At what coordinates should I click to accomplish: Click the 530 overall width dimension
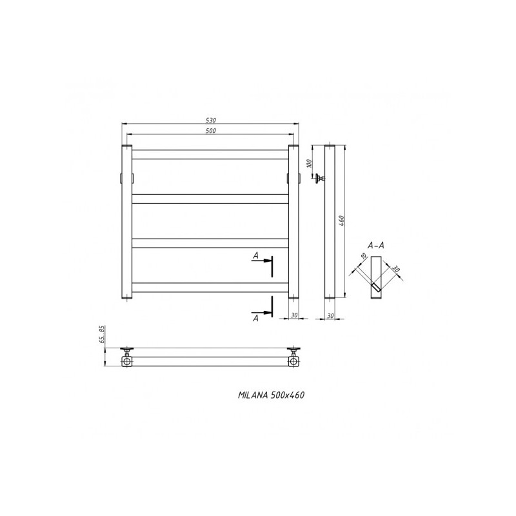point(210,120)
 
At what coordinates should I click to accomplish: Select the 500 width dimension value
point(210,131)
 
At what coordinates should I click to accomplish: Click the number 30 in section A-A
point(395,270)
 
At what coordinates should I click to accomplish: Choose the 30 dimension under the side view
point(330,315)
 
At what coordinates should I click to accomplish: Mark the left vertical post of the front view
point(126,223)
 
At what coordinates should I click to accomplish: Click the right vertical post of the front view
point(293,223)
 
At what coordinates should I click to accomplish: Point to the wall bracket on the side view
point(319,179)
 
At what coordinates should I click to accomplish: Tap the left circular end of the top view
point(127,362)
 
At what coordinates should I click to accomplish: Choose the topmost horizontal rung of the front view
point(210,154)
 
